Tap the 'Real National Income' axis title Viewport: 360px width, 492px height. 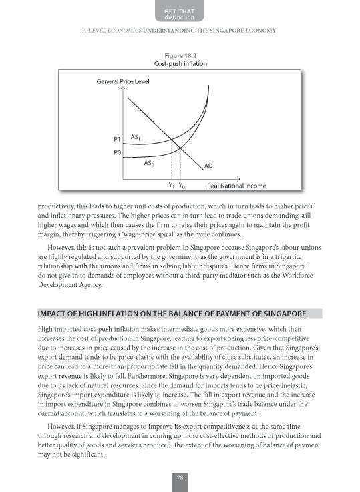coord(236,186)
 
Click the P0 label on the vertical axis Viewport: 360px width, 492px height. coord(116,153)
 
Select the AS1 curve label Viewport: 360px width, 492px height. coord(135,137)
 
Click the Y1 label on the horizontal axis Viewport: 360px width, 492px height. coord(172,186)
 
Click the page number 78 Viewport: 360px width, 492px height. coord(180,477)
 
